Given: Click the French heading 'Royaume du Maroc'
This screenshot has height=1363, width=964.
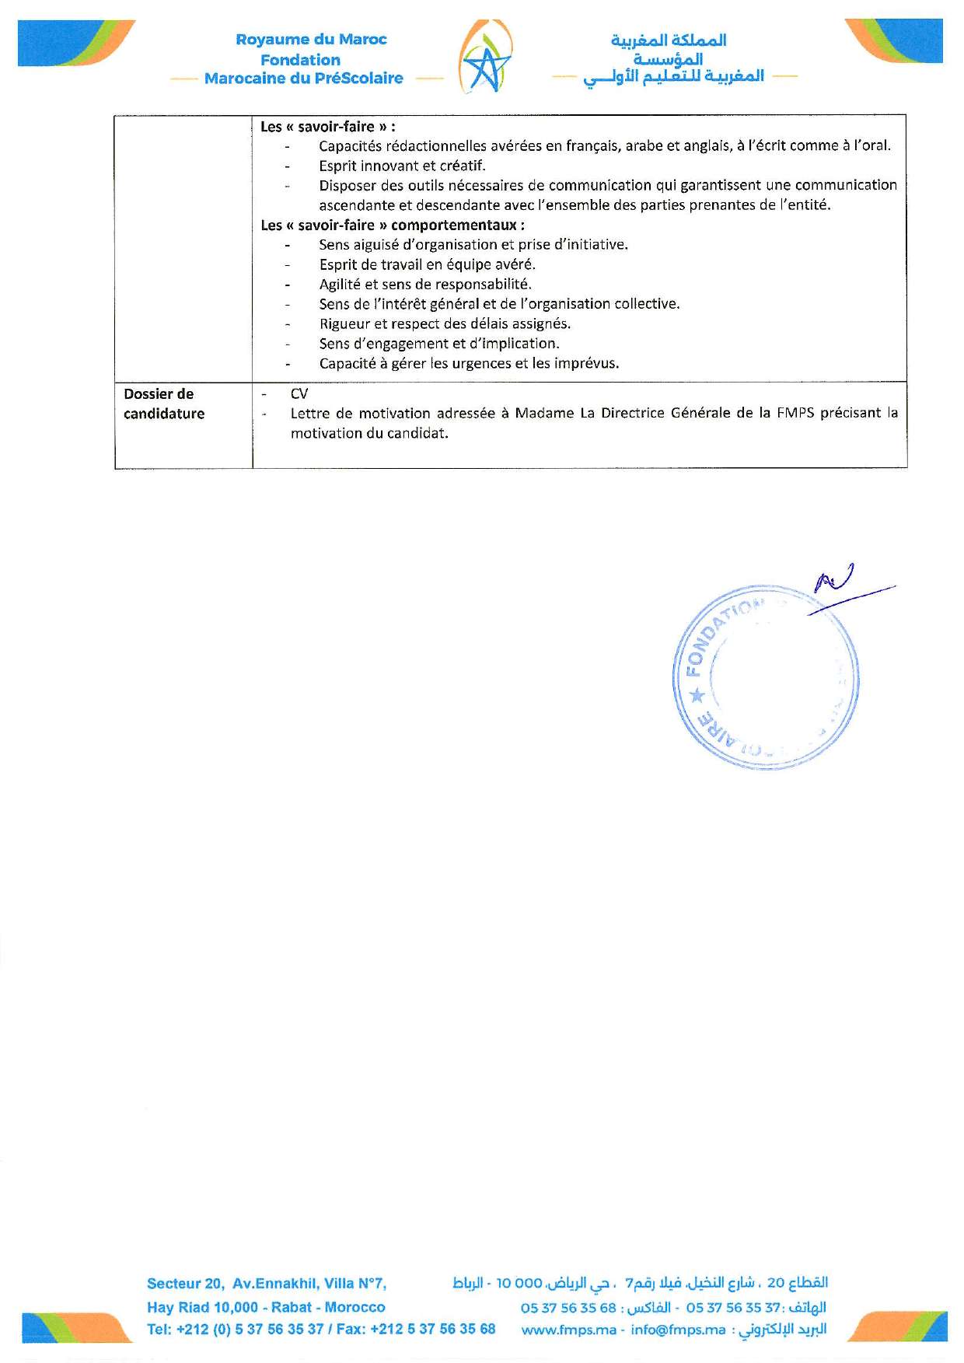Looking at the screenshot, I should pyautogui.click(x=311, y=40).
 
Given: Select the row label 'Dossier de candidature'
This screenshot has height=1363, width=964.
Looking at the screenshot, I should pyautogui.click(x=164, y=404).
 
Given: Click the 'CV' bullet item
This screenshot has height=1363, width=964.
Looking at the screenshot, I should pyautogui.click(x=299, y=394).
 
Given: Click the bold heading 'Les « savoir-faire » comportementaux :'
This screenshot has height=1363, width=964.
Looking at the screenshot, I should pyautogui.click(x=393, y=225).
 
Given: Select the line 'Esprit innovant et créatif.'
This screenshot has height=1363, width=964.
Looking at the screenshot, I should pyautogui.click(x=402, y=166).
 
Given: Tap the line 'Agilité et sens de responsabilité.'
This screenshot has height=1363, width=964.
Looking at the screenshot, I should pyautogui.click(x=425, y=285).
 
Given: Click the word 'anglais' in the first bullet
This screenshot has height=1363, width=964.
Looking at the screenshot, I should pyautogui.click(x=707, y=146).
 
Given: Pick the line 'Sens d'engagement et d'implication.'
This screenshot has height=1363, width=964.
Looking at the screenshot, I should pyautogui.click(x=438, y=344).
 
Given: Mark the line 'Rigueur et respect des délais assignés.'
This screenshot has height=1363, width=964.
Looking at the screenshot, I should pyautogui.click(x=445, y=324).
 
